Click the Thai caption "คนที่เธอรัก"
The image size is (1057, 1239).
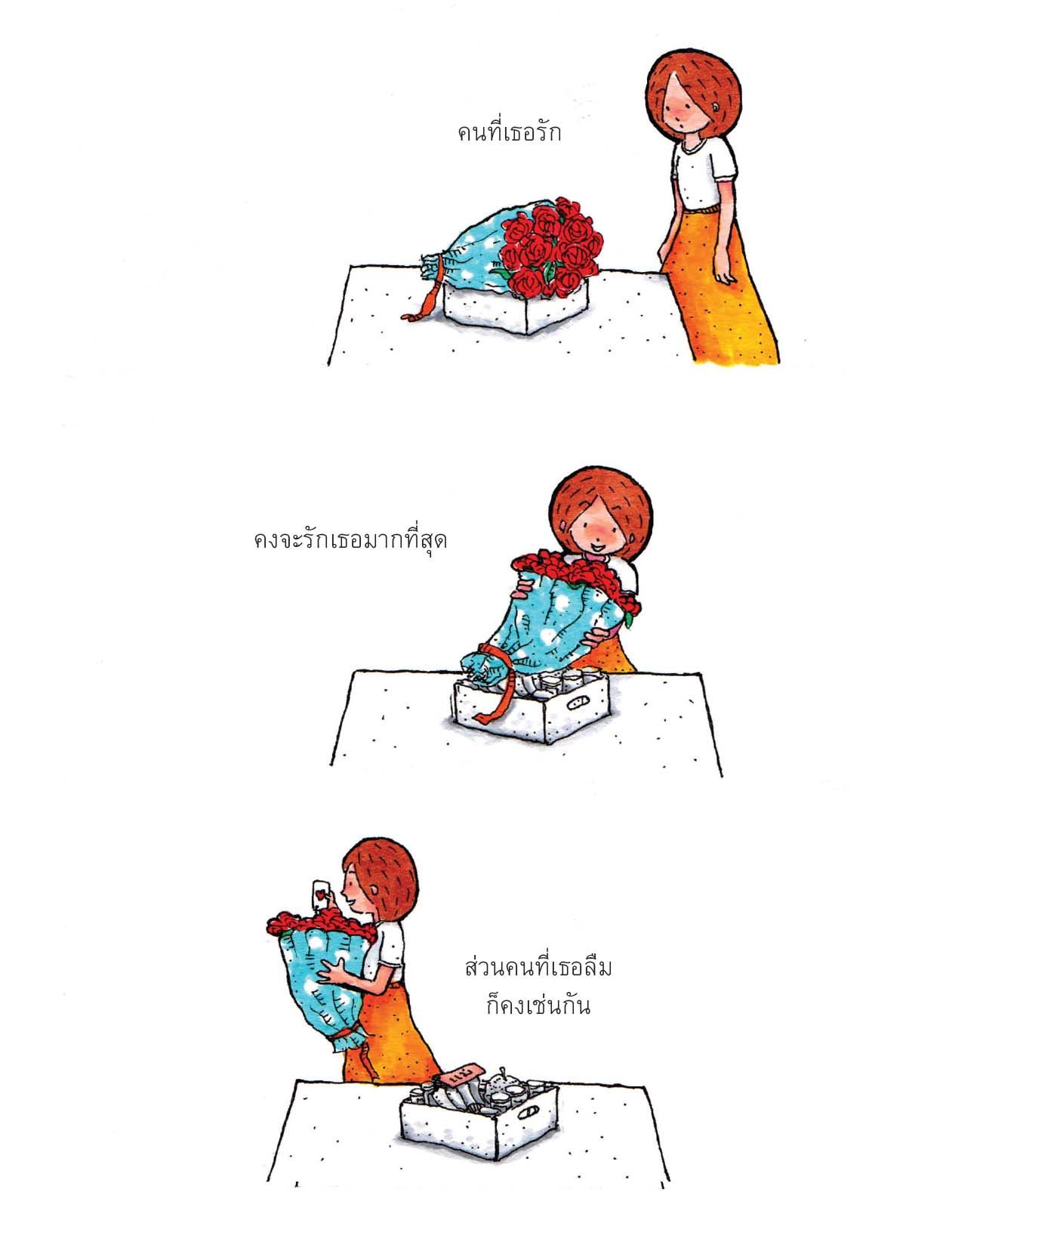[x=509, y=133]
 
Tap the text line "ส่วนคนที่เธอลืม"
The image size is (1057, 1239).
[x=538, y=967]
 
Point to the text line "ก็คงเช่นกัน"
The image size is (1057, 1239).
[x=538, y=1006]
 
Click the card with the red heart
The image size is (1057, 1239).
[x=322, y=894]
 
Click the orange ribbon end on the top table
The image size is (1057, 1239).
[x=421, y=310]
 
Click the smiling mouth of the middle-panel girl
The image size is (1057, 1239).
[x=596, y=544]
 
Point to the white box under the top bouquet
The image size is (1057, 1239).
[x=516, y=307]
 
